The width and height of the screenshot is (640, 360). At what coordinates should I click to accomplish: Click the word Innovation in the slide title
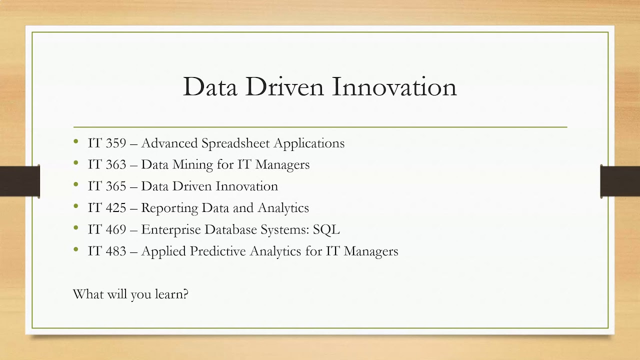coord(394,86)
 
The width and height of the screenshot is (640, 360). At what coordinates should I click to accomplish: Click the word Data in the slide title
coord(210,86)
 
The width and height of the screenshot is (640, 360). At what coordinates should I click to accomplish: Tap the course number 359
coord(116,143)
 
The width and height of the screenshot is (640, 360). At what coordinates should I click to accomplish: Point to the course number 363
coord(116,164)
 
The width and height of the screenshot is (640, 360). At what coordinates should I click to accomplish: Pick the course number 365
coord(116,186)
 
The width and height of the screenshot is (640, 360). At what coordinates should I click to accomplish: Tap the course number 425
coord(116,207)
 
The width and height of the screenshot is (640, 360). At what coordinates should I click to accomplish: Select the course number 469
coord(116,229)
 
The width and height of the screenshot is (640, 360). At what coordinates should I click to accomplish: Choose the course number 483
coord(116,251)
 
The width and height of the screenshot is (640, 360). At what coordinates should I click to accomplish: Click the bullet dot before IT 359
coord(76,141)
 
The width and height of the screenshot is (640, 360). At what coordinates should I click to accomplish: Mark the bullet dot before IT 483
coord(76,249)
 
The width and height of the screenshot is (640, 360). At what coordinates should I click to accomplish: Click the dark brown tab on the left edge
coord(19,181)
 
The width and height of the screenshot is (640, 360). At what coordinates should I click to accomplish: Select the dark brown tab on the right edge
coord(620,181)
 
